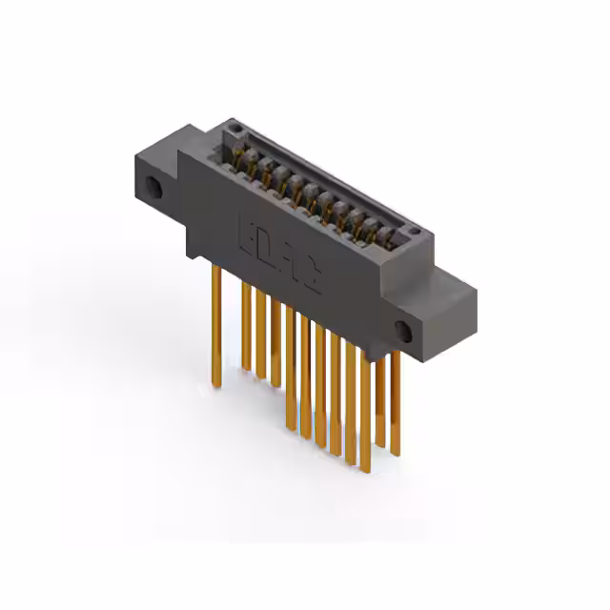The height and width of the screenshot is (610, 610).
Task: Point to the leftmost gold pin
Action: [x=216, y=324]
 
